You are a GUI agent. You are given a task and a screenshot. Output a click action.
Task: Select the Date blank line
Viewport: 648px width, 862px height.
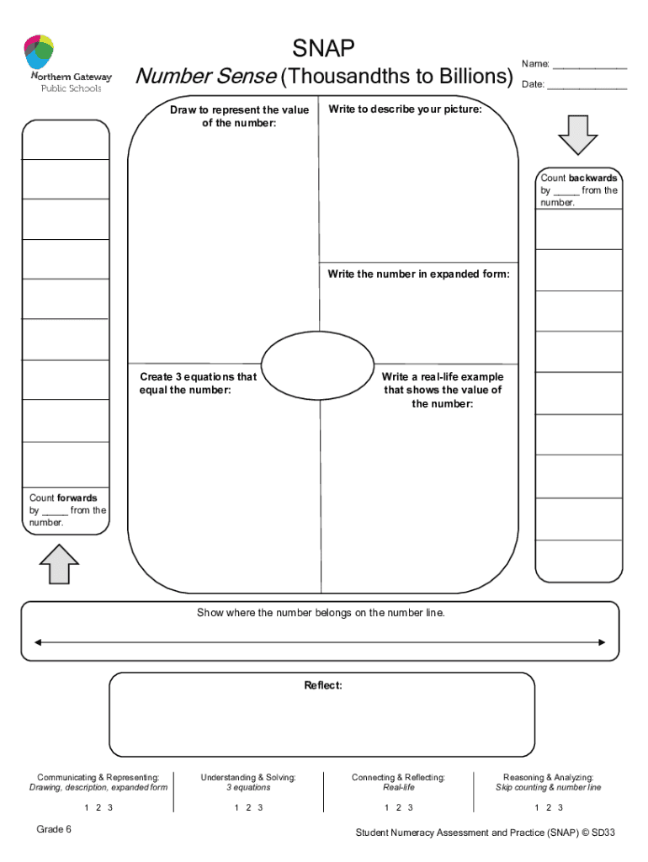click(587, 86)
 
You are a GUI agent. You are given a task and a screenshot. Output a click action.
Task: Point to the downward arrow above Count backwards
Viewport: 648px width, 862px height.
click(577, 134)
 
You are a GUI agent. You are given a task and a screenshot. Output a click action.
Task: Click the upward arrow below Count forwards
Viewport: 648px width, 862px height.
click(59, 564)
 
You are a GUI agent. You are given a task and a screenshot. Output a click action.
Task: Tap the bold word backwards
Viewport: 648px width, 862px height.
click(593, 178)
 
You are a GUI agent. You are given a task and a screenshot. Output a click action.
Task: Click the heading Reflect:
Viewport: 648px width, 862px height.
click(323, 686)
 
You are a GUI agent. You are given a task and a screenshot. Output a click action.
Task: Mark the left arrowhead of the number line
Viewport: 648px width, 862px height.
click(37, 643)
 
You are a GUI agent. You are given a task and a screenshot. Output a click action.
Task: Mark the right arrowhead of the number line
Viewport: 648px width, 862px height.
click(601, 643)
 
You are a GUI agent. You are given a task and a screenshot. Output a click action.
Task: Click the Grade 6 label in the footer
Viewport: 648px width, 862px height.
click(54, 829)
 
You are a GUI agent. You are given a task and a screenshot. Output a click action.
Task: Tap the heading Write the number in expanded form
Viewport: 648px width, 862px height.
click(418, 274)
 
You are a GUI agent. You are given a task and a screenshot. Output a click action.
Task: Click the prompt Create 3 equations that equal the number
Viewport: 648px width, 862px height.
click(198, 384)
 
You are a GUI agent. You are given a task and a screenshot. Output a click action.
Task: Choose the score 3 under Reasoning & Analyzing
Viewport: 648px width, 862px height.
click(562, 808)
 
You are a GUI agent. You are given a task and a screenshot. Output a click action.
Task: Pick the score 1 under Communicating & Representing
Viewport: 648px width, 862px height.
click(86, 808)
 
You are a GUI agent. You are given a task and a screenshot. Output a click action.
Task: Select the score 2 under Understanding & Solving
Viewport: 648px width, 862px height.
click(248, 808)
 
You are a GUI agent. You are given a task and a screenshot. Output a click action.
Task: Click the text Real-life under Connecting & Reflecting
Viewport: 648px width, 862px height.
click(399, 788)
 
